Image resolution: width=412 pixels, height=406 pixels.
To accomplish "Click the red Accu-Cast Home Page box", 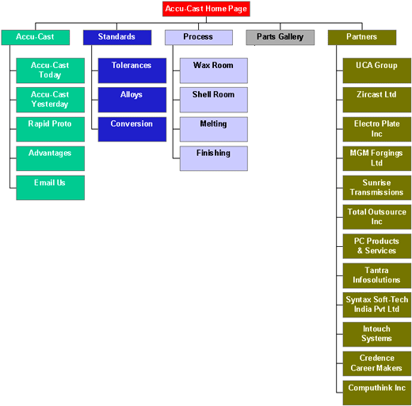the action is pyautogui.click(x=206, y=9).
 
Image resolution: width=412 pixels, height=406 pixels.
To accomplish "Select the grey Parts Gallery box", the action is pyautogui.click(x=280, y=37).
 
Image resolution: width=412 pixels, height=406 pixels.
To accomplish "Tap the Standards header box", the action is pyautogui.click(x=117, y=37).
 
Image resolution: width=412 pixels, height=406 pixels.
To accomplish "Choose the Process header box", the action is pyautogui.click(x=199, y=37).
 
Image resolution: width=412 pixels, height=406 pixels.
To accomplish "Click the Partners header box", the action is pyautogui.click(x=362, y=37).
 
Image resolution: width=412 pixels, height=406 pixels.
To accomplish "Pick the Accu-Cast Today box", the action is pyautogui.click(x=50, y=70).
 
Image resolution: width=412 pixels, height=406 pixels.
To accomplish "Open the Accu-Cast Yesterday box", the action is pyautogui.click(x=50, y=100).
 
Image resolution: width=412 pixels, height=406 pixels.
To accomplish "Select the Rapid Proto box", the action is pyautogui.click(x=50, y=129).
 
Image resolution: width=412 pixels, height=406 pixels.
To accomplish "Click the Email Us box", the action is pyautogui.click(x=50, y=188).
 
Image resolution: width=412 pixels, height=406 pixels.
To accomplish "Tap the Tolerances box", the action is pyautogui.click(x=132, y=70).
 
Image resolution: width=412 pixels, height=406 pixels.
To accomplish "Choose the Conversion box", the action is pyautogui.click(x=132, y=129).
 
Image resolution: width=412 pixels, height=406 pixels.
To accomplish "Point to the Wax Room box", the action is pyautogui.click(x=214, y=70).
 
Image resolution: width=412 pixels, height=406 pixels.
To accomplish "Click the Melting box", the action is pyautogui.click(x=214, y=129).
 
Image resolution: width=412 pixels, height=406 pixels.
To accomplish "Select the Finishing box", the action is pyautogui.click(x=214, y=158).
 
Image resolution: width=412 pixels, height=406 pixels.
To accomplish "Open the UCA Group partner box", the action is pyautogui.click(x=377, y=70).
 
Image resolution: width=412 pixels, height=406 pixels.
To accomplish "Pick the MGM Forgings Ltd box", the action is pyautogui.click(x=377, y=158).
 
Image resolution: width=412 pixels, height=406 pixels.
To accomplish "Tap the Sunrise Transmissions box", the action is pyautogui.click(x=377, y=188).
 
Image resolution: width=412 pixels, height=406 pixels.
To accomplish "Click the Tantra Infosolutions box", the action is pyautogui.click(x=377, y=275).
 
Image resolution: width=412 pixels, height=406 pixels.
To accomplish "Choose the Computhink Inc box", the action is pyautogui.click(x=377, y=393).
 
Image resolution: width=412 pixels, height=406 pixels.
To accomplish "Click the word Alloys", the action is pyautogui.click(x=132, y=95).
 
